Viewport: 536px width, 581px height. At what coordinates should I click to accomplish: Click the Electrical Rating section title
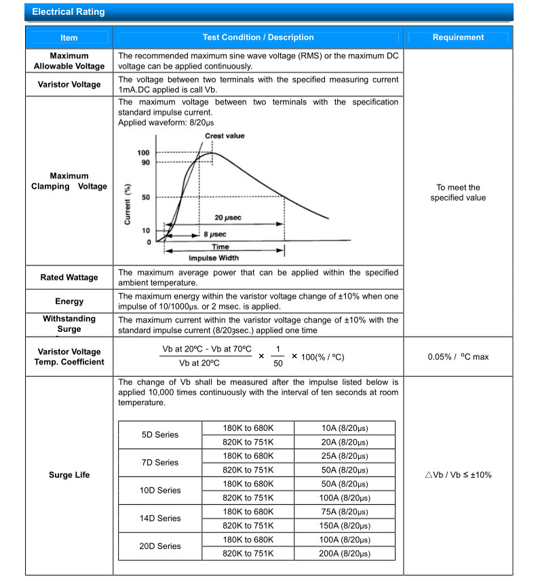point(69,12)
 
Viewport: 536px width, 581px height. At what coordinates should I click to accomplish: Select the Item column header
point(69,38)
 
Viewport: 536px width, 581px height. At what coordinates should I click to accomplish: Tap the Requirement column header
point(458,38)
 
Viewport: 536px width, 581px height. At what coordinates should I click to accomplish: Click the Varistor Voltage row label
point(69,85)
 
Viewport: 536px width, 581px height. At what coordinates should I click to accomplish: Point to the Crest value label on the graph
point(225,136)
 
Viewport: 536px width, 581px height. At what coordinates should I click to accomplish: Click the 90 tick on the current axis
point(144,163)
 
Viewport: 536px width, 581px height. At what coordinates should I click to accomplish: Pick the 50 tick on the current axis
point(145,198)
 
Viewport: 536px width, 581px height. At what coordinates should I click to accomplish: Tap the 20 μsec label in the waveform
point(228,218)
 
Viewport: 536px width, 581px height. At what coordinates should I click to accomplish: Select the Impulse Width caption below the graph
point(214,258)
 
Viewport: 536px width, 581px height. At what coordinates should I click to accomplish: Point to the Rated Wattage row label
point(69,278)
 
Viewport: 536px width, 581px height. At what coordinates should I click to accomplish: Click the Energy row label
point(69,301)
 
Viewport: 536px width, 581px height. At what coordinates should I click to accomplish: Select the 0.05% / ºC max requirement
point(458,356)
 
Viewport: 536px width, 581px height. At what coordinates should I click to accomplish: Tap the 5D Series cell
point(160,434)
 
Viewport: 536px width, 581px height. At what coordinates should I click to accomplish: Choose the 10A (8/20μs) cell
point(344,428)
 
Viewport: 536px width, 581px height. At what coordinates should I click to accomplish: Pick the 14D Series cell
point(160,518)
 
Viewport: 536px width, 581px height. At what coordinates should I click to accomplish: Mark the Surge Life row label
point(69,475)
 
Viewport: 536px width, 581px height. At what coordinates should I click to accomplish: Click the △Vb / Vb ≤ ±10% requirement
point(458,475)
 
